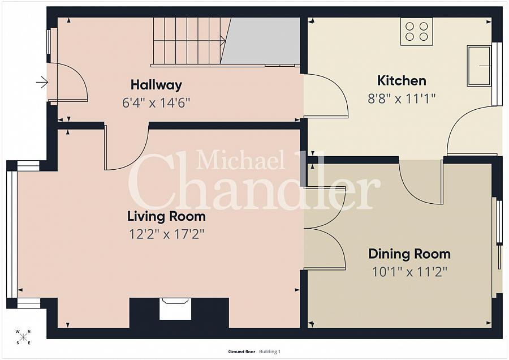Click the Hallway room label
click(x=156, y=85)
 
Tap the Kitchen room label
click(x=402, y=80)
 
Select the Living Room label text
click(x=166, y=216)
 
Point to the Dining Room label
click(x=409, y=254)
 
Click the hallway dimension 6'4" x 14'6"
click(x=156, y=103)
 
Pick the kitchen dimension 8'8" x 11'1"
click(x=401, y=98)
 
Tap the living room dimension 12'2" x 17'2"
click(x=166, y=234)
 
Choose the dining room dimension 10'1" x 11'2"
click(x=409, y=272)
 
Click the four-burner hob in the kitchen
click(x=416, y=31)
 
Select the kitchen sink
click(x=479, y=66)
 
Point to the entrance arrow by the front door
click(x=42, y=83)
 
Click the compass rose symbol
click(x=23, y=337)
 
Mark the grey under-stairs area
click(x=262, y=41)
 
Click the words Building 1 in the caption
click(x=270, y=352)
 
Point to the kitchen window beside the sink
click(x=497, y=74)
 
